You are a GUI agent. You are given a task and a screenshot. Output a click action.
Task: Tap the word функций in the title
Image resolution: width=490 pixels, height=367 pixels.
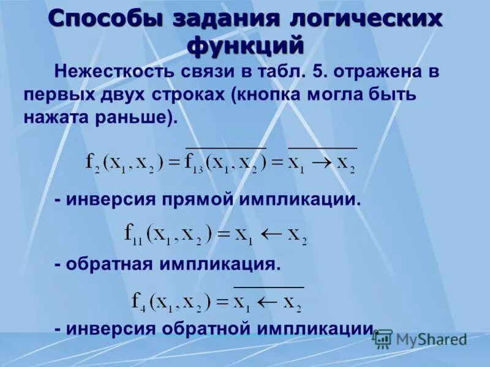click(x=245, y=45)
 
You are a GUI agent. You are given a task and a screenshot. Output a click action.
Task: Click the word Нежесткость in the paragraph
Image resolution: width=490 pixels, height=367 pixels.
click(x=115, y=72)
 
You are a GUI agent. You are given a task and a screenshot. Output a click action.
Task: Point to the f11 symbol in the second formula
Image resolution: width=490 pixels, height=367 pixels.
click(x=133, y=233)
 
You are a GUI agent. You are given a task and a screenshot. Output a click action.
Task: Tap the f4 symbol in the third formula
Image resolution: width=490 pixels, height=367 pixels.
click(x=138, y=300)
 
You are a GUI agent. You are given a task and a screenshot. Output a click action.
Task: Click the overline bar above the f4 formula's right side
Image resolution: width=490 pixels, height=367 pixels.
click(x=268, y=286)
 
